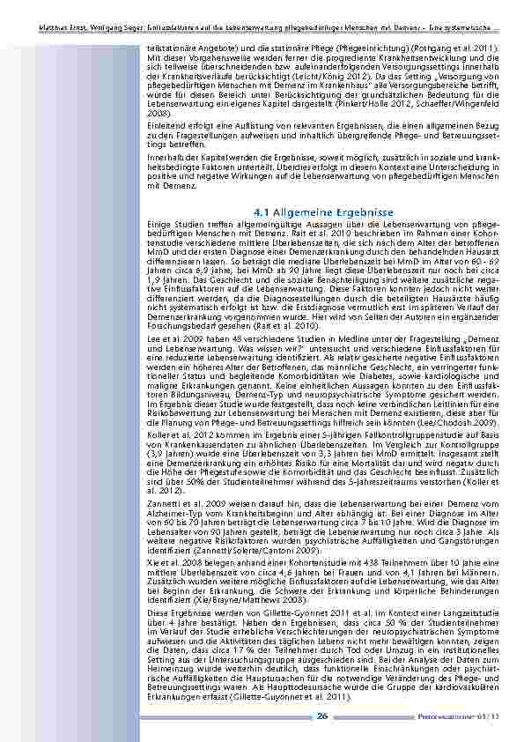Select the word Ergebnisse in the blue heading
(365, 213)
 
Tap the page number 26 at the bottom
(323, 716)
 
